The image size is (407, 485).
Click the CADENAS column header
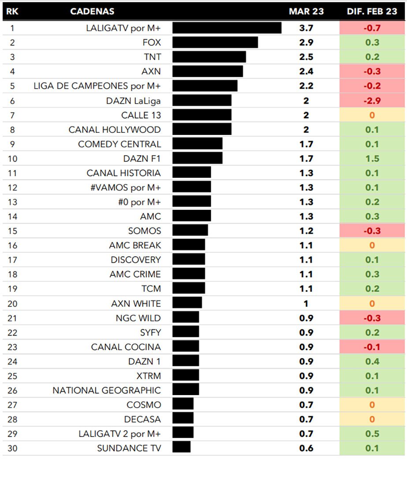click(92, 11)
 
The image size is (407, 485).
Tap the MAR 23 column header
click(306, 11)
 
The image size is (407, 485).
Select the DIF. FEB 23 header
click(372, 11)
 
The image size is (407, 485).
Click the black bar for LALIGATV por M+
click(227, 28)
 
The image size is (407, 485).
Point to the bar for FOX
click(215, 43)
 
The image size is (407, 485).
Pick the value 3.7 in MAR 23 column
click(306, 28)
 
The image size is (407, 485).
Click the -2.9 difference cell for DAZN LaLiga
click(372, 101)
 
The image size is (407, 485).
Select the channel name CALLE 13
click(141, 115)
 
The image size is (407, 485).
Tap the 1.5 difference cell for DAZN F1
click(372, 159)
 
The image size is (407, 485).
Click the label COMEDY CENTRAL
click(119, 144)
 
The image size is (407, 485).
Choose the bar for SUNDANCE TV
click(181, 448)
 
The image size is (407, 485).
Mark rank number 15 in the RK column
click(12, 231)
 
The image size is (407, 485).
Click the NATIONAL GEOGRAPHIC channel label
click(107, 390)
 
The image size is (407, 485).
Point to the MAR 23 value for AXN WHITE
click(306, 303)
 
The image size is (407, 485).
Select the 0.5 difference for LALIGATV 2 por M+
click(372, 433)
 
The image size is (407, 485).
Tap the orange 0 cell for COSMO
click(372, 405)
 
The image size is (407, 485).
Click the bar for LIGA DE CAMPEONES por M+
click(205, 86)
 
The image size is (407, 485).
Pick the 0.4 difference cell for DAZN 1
click(372, 361)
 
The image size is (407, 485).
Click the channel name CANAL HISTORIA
click(123, 173)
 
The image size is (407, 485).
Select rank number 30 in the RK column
click(12, 448)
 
